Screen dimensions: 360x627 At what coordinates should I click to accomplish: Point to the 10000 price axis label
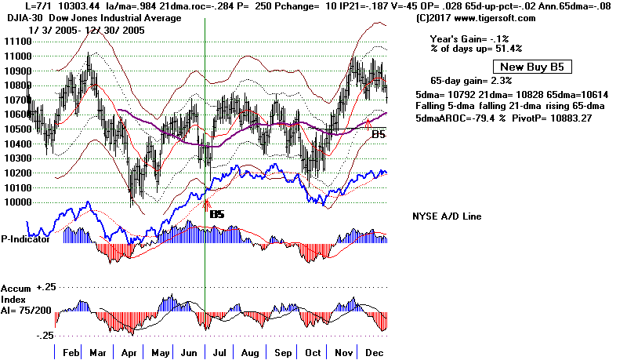point(13,202)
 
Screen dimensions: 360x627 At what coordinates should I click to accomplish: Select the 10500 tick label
point(13,129)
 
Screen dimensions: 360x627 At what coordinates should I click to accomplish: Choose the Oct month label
point(313,352)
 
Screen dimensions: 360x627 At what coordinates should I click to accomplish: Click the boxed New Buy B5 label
point(527,67)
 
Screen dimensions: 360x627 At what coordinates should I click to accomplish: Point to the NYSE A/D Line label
point(447,216)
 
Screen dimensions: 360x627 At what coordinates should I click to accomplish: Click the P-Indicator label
point(25,239)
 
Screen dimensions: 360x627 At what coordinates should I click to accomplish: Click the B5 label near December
point(379,135)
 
